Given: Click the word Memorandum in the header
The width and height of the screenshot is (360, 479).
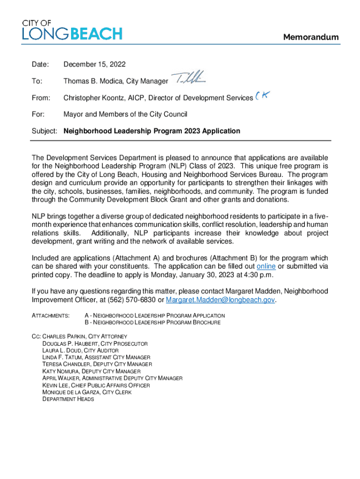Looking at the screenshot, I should pyautogui.click(x=311, y=37).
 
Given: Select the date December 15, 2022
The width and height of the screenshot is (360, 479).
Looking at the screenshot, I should pyautogui.click(x=94, y=65).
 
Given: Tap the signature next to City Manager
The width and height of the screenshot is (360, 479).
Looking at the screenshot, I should pyautogui.click(x=191, y=78).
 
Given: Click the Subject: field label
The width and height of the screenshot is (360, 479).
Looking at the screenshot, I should pyautogui.click(x=45, y=131).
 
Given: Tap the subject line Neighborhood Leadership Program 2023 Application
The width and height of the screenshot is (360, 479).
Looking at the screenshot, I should pyautogui.click(x=152, y=131).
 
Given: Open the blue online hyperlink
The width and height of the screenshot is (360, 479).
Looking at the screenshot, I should pyautogui.click(x=266, y=266).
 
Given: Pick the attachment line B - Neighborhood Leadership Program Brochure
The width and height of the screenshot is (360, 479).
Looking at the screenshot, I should pyautogui.click(x=152, y=323).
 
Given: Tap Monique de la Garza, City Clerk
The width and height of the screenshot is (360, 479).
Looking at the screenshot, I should pyautogui.click(x=86, y=392).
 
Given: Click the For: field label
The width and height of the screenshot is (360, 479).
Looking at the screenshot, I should pyautogui.click(x=37, y=114).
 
